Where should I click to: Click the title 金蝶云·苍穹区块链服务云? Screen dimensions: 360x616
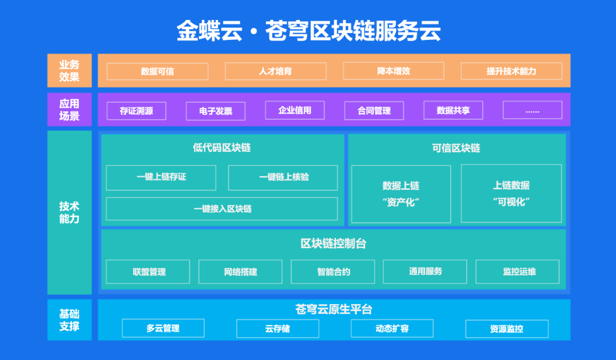click(x=309, y=31)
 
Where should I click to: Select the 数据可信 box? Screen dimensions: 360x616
click(x=157, y=71)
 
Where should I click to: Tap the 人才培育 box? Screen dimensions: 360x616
click(x=275, y=71)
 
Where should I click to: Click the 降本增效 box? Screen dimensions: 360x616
click(x=394, y=71)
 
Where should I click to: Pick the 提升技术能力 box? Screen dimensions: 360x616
click(x=512, y=71)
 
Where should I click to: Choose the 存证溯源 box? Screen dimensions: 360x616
click(x=136, y=111)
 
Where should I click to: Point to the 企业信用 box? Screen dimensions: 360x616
click(x=295, y=110)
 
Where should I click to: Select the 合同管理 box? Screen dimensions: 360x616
click(x=374, y=111)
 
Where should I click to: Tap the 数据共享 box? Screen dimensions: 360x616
click(x=453, y=110)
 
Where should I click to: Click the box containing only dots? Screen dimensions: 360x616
click(x=532, y=110)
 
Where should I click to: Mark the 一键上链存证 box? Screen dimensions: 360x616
click(x=161, y=177)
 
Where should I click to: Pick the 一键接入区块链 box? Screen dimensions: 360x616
click(x=222, y=209)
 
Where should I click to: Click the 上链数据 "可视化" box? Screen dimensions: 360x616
click(x=511, y=193)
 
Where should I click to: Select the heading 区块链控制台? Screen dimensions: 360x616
click(x=334, y=244)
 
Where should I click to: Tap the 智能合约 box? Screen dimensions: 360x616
click(x=333, y=272)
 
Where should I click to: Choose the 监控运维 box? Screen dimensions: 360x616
click(x=518, y=272)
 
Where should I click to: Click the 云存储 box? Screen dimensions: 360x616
click(x=278, y=329)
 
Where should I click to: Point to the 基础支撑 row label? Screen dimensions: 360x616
click(x=70, y=320)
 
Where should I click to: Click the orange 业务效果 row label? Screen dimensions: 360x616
click(x=70, y=70)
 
